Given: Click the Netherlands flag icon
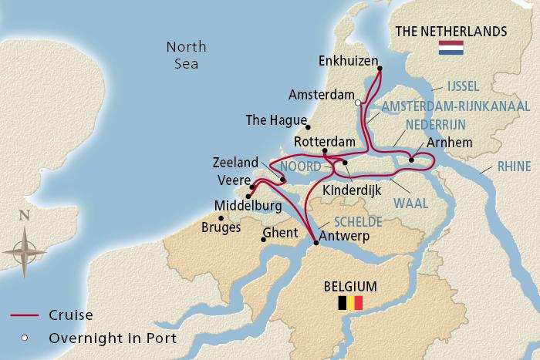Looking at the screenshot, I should pos(450,48).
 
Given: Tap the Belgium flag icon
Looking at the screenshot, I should pos(351,302).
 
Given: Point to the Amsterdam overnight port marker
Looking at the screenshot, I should pos(358,102).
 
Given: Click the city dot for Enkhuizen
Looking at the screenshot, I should pos(379,69).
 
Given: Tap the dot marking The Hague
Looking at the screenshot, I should pos(308,127).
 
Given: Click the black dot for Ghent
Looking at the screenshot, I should pos(265,239).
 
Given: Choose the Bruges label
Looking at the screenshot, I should pos(221,227).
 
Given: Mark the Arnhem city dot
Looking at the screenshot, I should pos(412,160).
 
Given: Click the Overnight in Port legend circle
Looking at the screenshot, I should pos(25,338).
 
